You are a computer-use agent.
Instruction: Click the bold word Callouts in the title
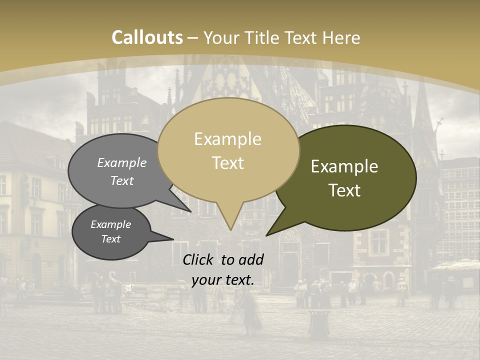click(147, 37)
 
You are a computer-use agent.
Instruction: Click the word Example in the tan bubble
click(227, 139)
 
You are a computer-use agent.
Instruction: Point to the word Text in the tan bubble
click(227, 163)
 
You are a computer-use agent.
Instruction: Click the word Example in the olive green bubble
click(344, 166)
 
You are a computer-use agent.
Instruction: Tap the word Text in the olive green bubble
click(344, 190)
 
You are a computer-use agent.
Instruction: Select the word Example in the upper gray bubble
click(122, 163)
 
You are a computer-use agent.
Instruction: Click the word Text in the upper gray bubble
click(122, 180)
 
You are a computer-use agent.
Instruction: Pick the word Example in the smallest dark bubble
click(111, 224)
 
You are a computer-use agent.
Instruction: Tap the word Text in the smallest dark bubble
click(111, 239)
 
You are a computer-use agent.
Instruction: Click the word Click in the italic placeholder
click(199, 259)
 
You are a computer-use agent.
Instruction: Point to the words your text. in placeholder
click(223, 280)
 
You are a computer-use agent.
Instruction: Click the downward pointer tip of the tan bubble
click(230, 229)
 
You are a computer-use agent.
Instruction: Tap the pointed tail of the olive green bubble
click(267, 234)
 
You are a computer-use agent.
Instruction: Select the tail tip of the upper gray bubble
click(190, 211)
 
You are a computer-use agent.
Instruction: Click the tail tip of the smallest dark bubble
click(173, 239)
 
